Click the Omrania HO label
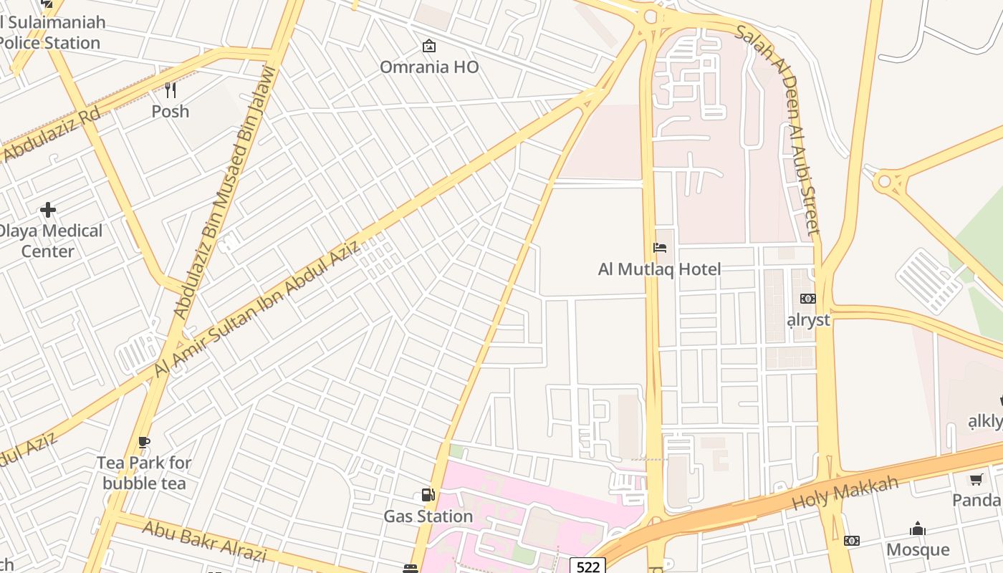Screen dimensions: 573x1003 428,67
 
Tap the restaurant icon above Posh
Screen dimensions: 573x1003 171,90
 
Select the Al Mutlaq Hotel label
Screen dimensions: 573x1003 659,269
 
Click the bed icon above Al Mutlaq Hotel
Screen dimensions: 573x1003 660,248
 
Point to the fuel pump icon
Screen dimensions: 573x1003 428,495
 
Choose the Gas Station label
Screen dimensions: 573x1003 428,516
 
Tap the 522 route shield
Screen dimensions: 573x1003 587,567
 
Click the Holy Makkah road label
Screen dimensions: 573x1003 845,493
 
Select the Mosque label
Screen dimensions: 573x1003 918,550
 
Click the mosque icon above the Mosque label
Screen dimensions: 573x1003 918,529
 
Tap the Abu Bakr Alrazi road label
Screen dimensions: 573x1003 204,541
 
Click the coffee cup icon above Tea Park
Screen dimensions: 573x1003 144,442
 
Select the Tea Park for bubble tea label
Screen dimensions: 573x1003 144,473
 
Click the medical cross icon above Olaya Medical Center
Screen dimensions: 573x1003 48,210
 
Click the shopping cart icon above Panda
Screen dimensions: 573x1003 976,479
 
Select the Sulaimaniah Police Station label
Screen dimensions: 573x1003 52,32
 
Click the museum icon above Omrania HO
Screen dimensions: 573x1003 428,47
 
